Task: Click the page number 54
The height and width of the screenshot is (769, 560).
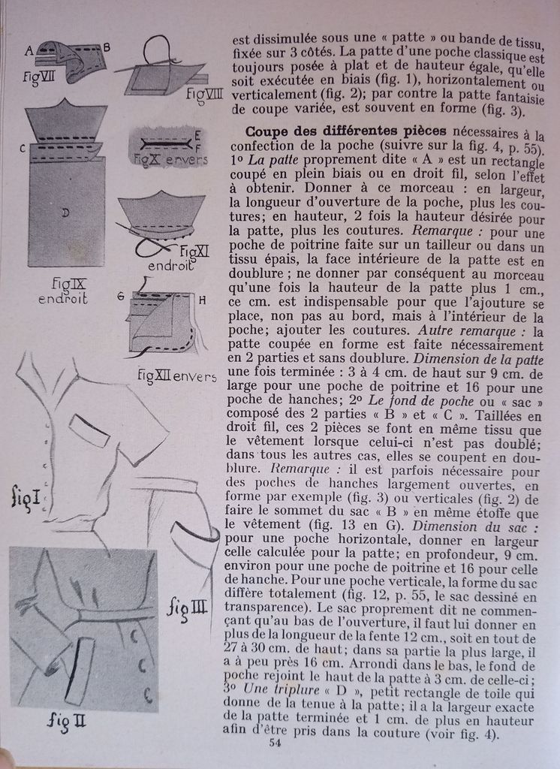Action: (x=275, y=743)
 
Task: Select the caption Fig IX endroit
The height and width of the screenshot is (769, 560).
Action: (x=63, y=291)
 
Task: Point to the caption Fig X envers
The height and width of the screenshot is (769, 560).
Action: (x=165, y=158)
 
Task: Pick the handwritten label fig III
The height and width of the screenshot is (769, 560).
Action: (x=187, y=605)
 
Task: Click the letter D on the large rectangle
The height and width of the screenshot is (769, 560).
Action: (x=66, y=213)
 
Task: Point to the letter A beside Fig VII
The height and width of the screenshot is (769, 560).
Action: (x=29, y=51)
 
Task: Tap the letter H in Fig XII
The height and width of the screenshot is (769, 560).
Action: (x=202, y=299)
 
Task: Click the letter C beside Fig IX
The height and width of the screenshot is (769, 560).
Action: (x=23, y=148)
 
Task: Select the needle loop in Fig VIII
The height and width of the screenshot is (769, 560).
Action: (x=156, y=49)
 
